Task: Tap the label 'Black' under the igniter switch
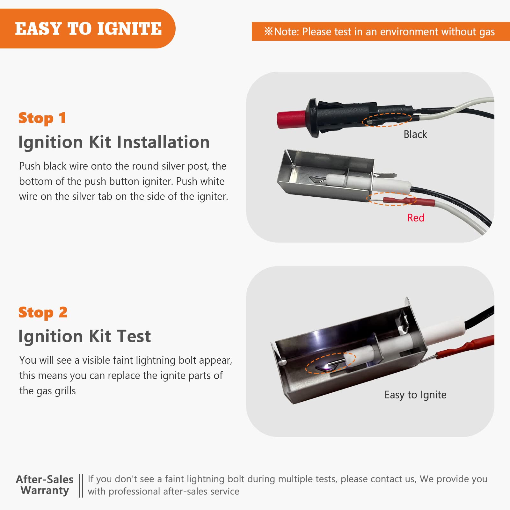(x=415, y=134)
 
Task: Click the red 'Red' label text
(x=416, y=218)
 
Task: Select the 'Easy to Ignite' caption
(x=415, y=395)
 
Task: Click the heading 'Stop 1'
(x=42, y=118)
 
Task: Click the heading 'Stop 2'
(x=43, y=312)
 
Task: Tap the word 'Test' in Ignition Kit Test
(x=134, y=336)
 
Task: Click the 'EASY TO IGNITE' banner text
(x=88, y=29)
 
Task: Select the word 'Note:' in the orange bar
(x=286, y=32)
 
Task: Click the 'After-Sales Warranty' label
(x=45, y=485)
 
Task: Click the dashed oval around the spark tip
(x=331, y=363)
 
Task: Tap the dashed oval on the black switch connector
(x=387, y=120)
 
